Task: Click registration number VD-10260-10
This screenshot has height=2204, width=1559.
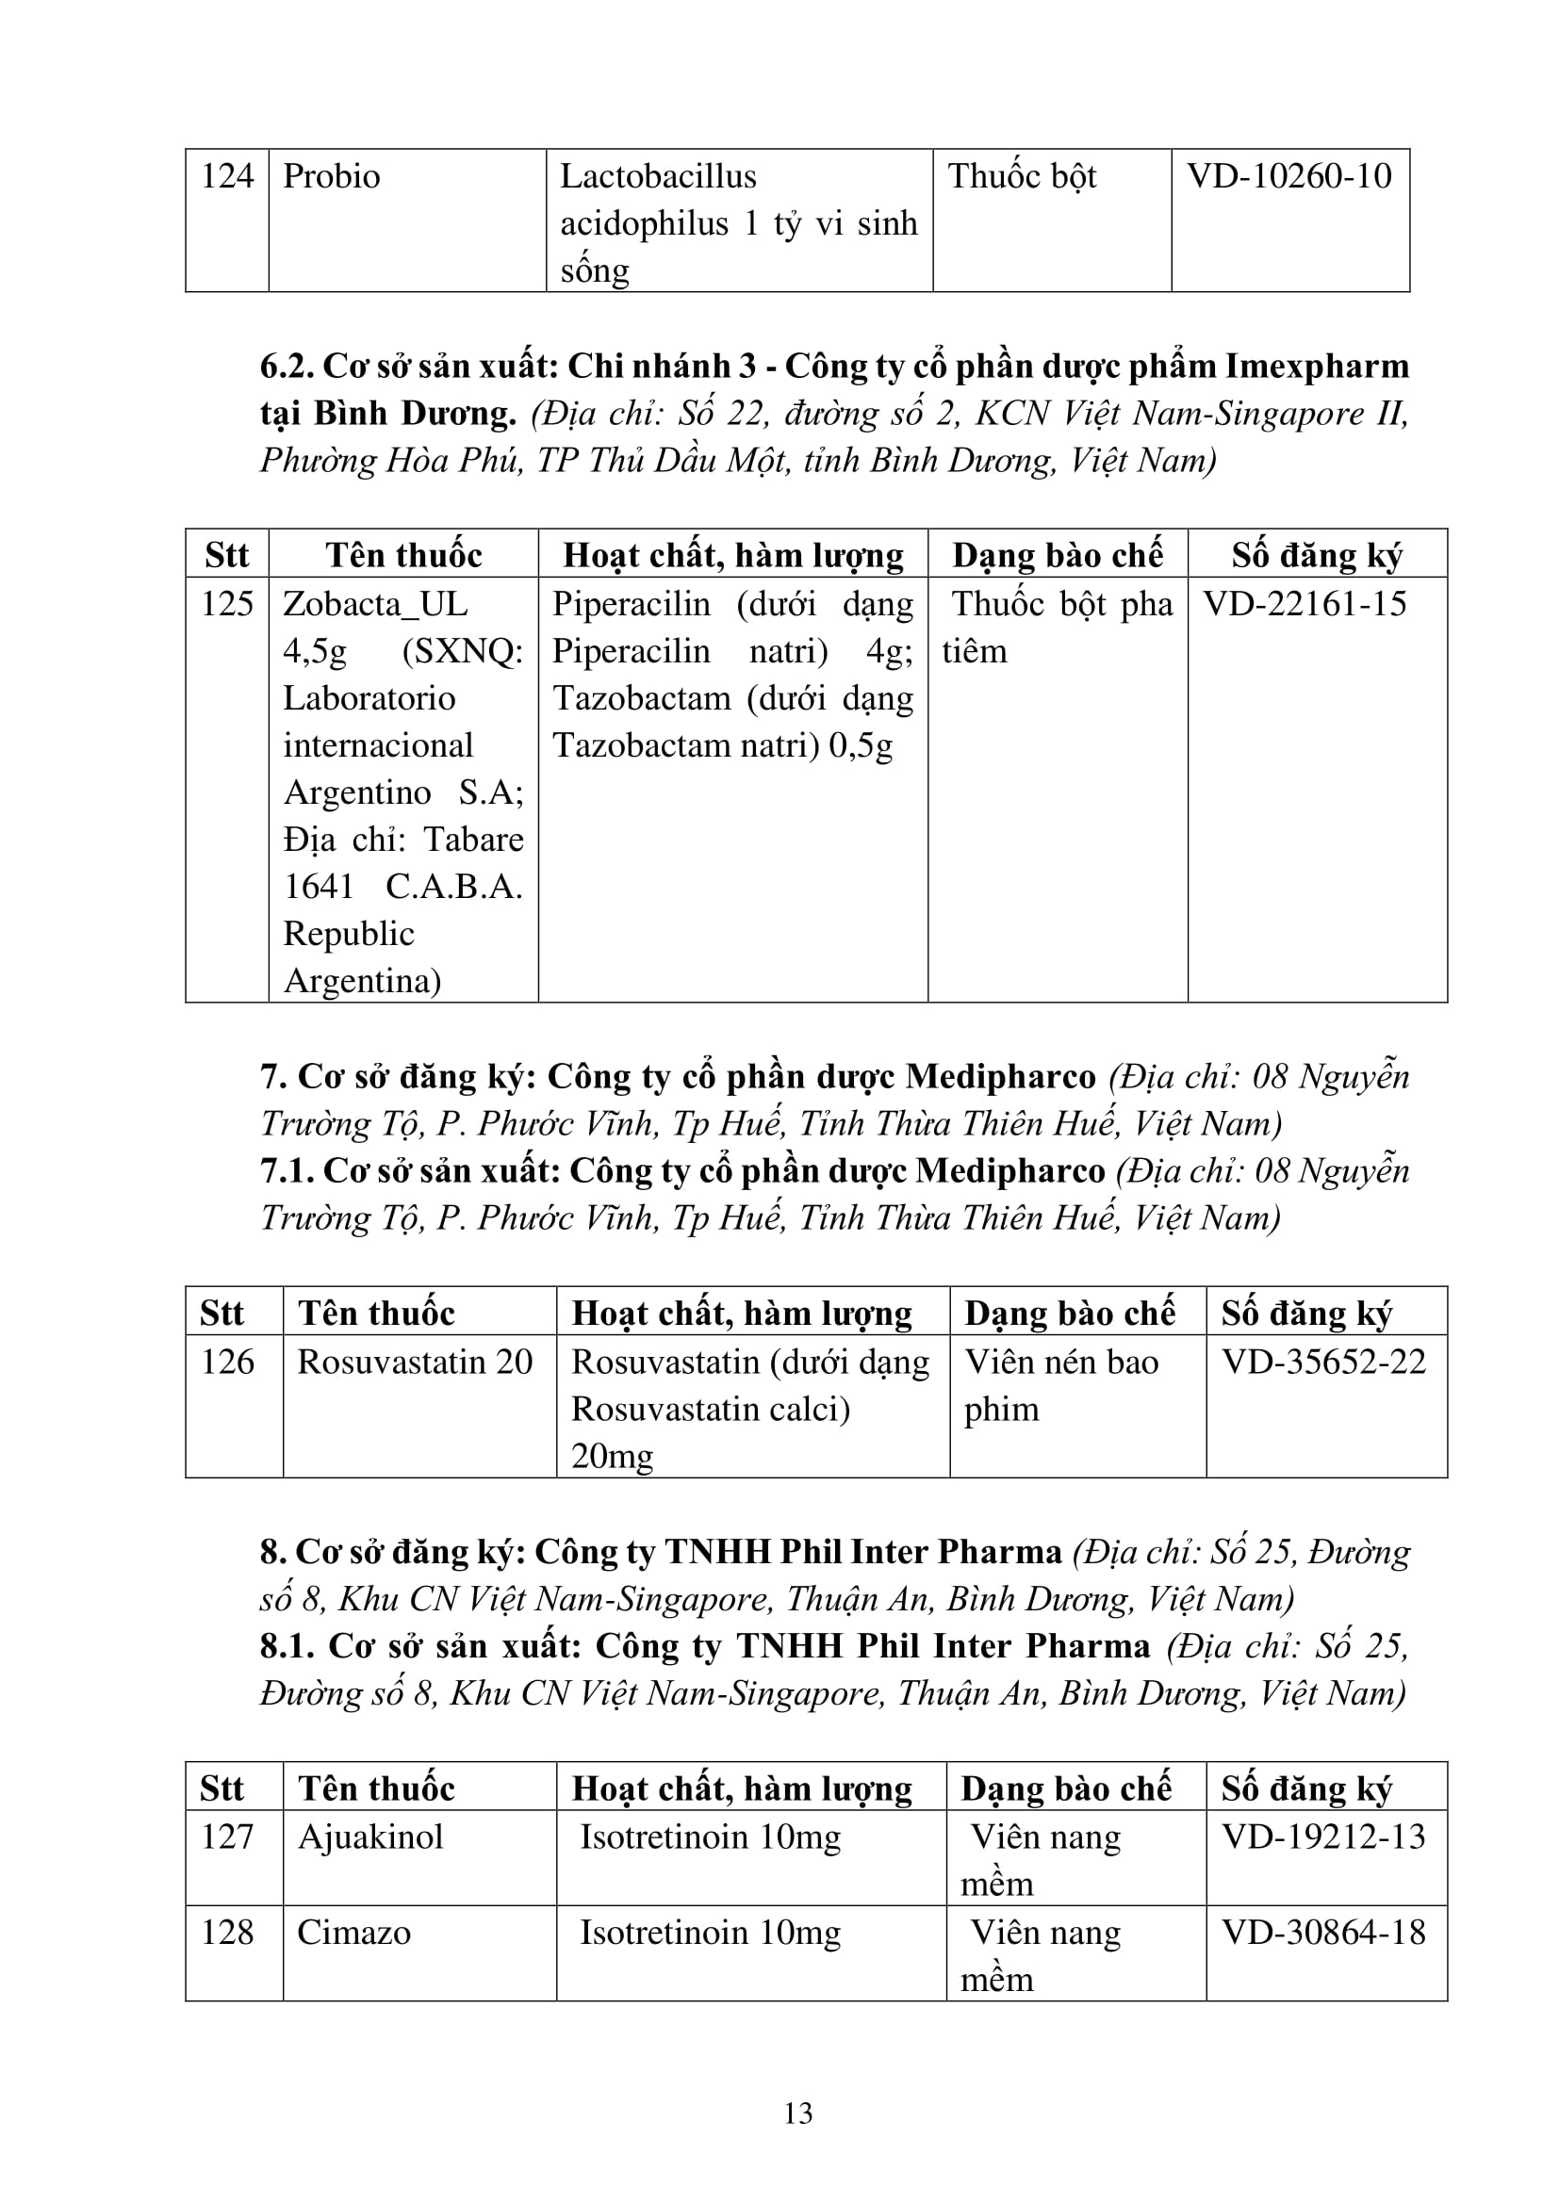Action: pos(1289,176)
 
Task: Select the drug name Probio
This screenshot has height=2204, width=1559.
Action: pos(331,176)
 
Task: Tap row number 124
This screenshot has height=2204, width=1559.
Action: pos(226,176)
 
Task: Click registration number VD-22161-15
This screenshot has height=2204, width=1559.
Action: pos(1305,604)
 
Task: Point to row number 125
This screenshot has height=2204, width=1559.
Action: pos(226,604)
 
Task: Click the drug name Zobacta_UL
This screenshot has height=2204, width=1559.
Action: pos(375,604)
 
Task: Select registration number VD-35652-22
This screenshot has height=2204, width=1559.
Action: pos(1323,1363)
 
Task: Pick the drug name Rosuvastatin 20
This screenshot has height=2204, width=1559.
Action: pos(415,1363)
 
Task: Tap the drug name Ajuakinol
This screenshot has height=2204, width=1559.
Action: pos(370,1837)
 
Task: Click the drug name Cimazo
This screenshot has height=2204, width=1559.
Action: pos(353,1933)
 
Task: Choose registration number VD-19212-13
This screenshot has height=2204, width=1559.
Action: pos(1323,1837)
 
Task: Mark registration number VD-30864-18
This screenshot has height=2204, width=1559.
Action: pos(1323,1933)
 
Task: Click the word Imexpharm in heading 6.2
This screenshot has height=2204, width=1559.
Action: pos(1317,367)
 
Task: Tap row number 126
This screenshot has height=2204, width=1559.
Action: pos(226,1363)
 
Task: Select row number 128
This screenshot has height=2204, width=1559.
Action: pos(226,1933)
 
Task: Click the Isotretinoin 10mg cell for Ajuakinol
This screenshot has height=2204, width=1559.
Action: pos(711,1837)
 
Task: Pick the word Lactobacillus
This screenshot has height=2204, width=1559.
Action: pos(658,176)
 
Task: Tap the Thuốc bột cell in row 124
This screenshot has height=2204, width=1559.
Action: pos(1022,176)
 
